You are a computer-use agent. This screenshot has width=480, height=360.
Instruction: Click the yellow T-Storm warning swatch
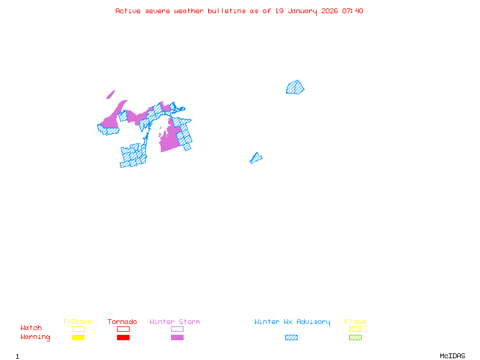pyautogui.click(x=78, y=337)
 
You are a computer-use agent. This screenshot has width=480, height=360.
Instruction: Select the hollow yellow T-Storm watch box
pyautogui.click(x=78, y=329)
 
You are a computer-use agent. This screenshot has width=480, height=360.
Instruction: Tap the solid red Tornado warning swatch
pyautogui.click(x=123, y=337)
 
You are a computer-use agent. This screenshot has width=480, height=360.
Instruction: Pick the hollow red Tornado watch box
pyautogui.click(x=123, y=329)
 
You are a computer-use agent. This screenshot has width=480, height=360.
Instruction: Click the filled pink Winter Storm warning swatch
pyautogui.click(x=177, y=337)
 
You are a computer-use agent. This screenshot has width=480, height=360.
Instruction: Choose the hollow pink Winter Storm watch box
pyautogui.click(x=177, y=329)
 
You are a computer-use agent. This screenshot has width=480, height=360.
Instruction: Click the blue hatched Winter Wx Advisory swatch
pyautogui.click(x=291, y=337)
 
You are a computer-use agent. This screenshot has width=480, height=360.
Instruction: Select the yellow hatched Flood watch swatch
pyautogui.click(x=355, y=329)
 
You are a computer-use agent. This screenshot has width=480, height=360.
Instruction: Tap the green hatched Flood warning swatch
pyautogui.click(x=355, y=337)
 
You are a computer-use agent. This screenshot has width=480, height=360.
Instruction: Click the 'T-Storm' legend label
pyautogui.click(x=77, y=322)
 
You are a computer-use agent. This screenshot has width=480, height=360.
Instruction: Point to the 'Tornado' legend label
pyautogui.click(x=122, y=322)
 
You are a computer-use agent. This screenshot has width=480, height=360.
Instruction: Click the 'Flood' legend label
pyautogui.click(x=355, y=322)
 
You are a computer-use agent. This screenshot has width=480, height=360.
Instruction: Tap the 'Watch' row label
pyautogui.click(x=31, y=328)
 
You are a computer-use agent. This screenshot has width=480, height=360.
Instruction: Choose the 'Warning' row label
pyautogui.click(x=35, y=337)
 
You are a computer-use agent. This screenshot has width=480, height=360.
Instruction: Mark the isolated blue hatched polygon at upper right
pyautogui.click(x=295, y=88)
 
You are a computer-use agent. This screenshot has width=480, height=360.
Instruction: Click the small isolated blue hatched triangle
pyautogui.click(x=256, y=158)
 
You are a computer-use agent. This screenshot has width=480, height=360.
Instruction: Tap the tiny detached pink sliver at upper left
pyautogui.click(x=110, y=94)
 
